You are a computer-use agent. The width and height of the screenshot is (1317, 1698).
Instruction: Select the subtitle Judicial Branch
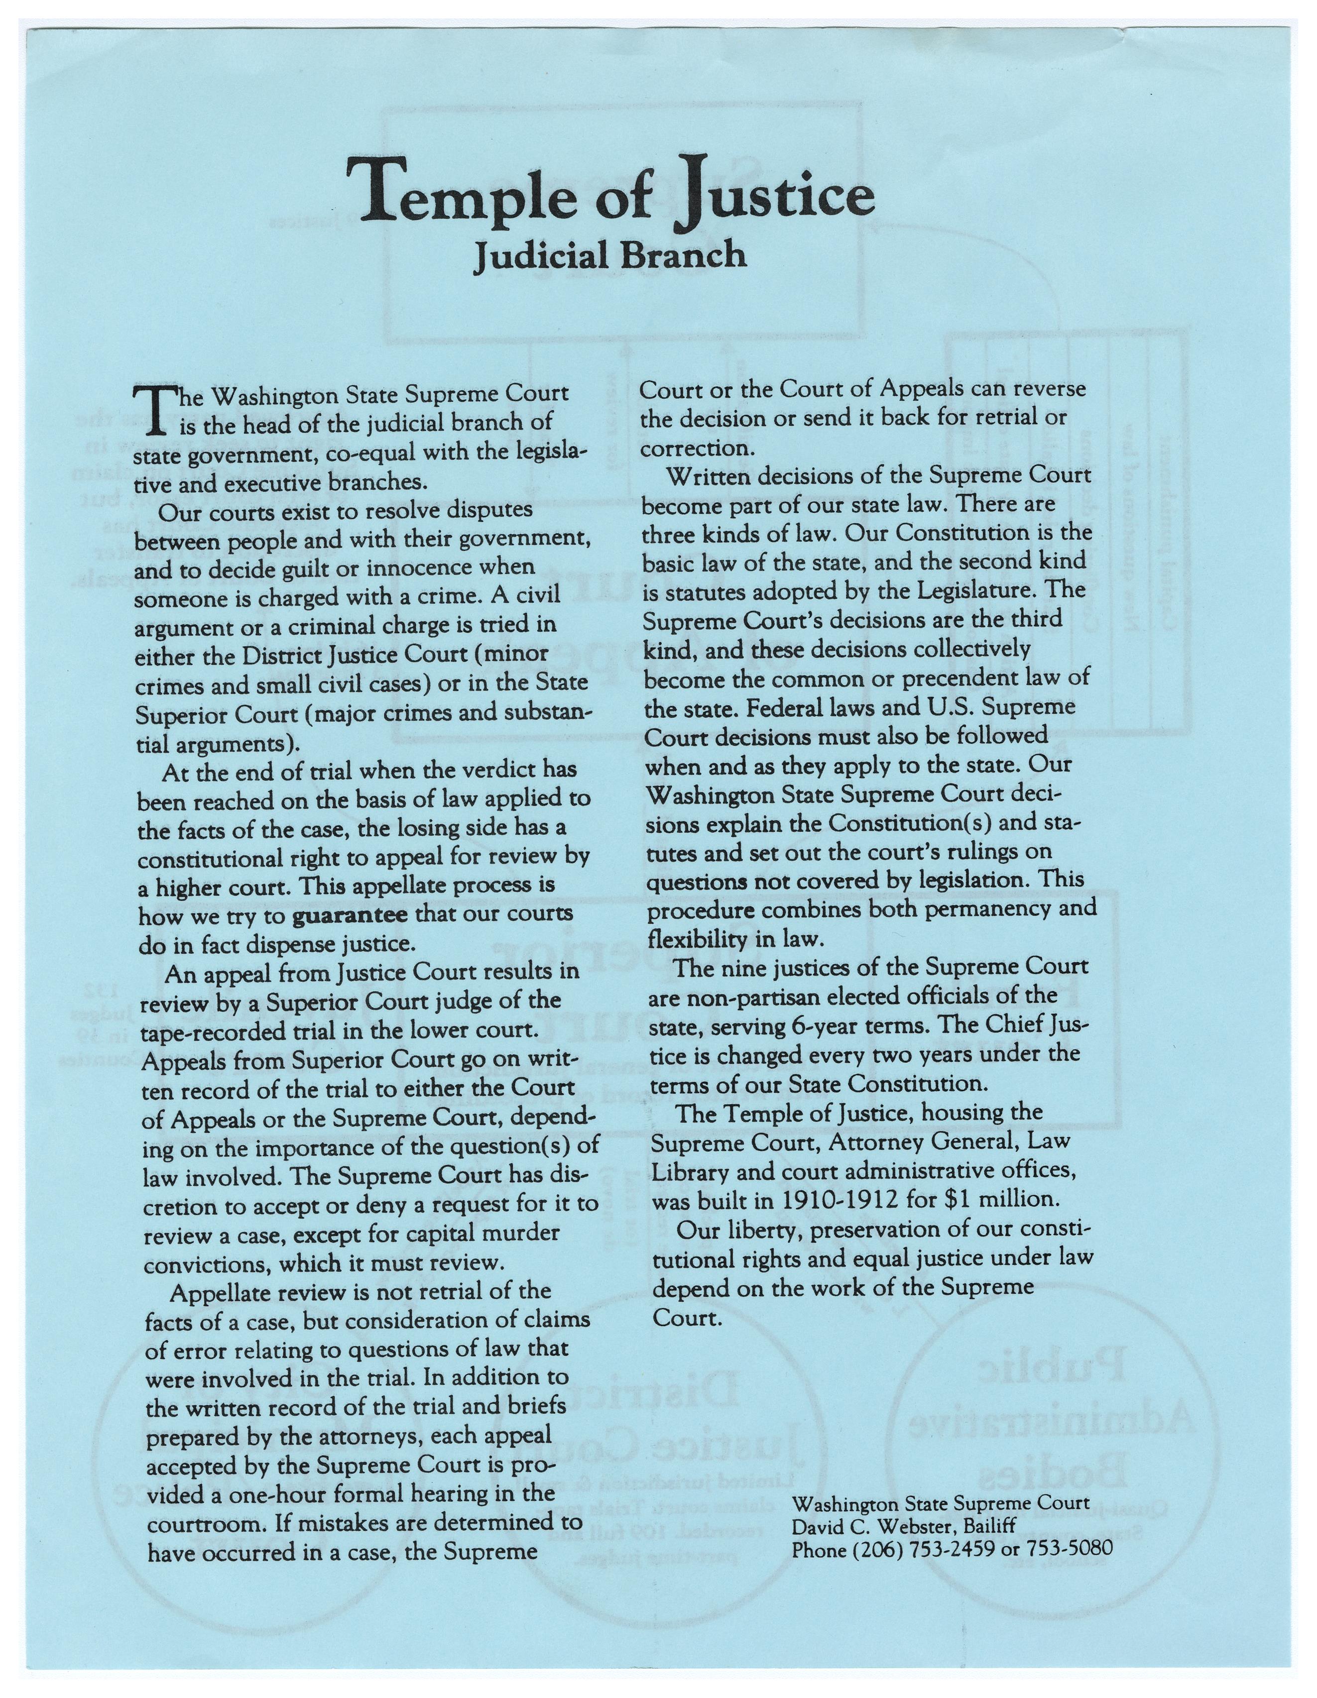click(610, 254)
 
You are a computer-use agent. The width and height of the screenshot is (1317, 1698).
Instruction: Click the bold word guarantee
click(350, 914)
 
